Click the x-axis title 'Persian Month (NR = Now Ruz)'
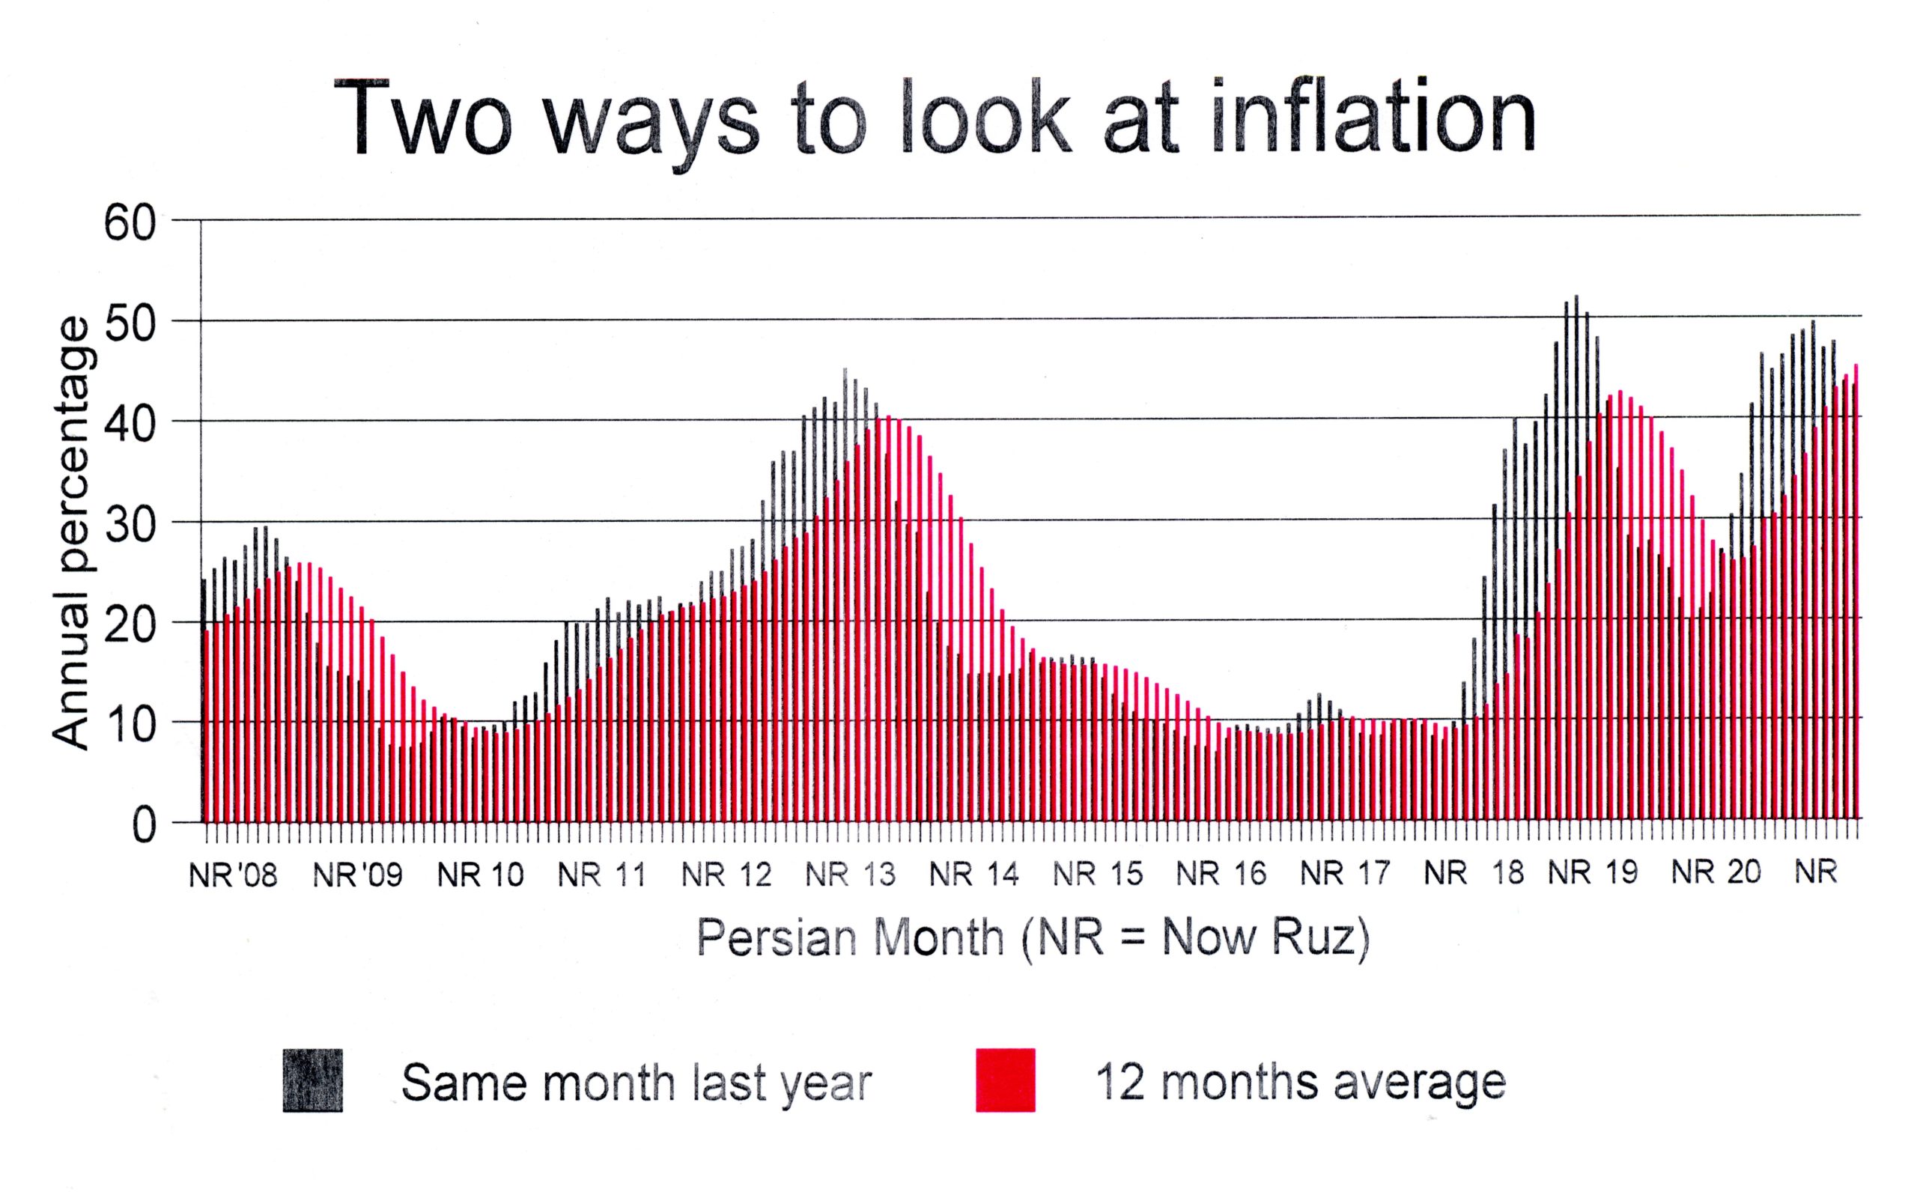click(x=1033, y=938)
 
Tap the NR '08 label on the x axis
click(x=234, y=875)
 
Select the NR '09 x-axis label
click(x=357, y=875)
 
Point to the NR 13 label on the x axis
click(x=851, y=875)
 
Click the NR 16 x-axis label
click(x=1221, y=875)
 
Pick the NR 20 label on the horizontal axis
click(x=1716, y=873)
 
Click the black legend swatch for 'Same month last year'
click(x=313, y=1080)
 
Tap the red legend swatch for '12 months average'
click(x=1005, y=1080)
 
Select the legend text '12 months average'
click(x=1300, y=1083)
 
